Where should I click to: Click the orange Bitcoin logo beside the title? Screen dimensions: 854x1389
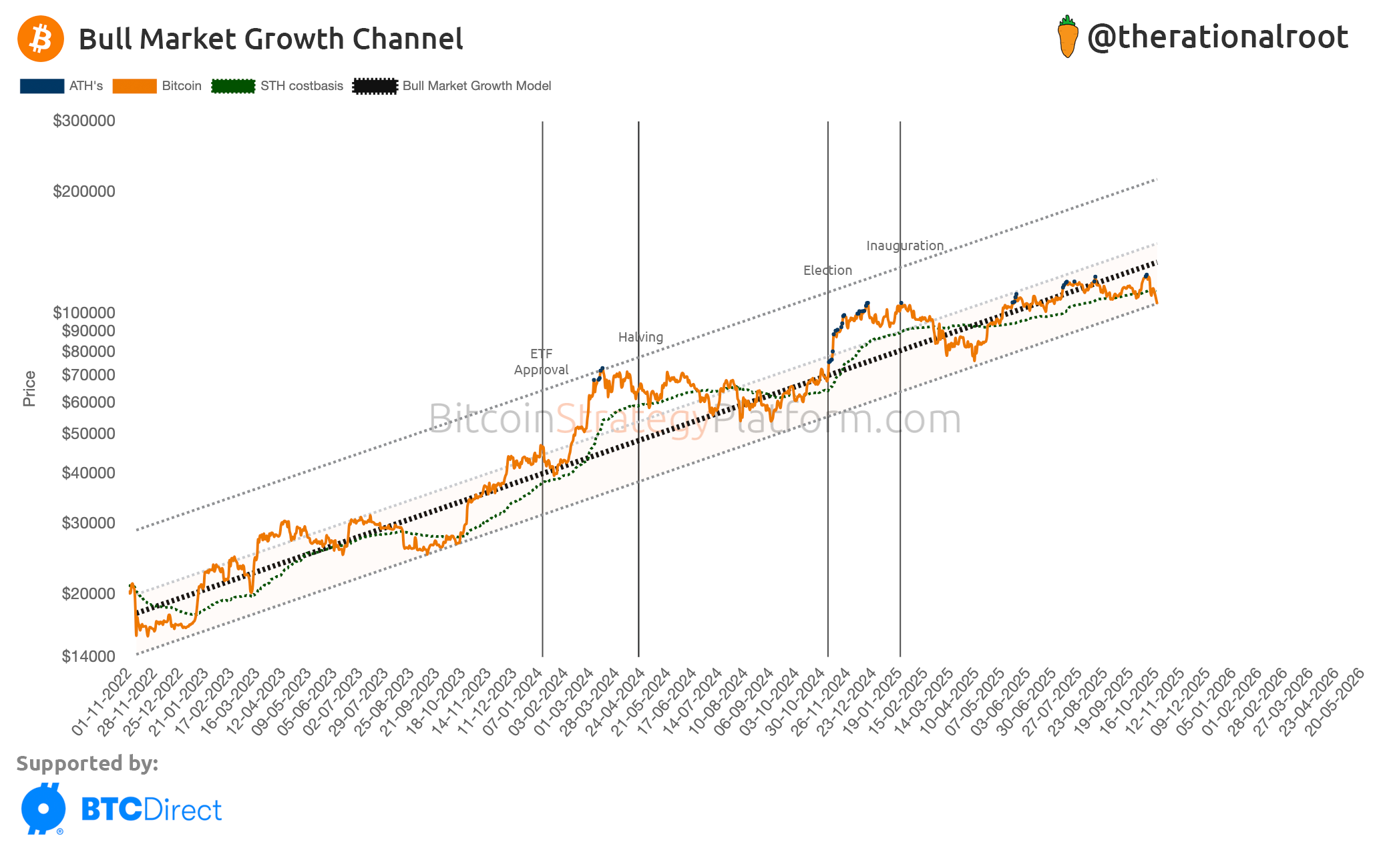pos(41,39)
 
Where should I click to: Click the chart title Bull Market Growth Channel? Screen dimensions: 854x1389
pos(270,39)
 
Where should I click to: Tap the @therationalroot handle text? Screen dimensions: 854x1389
pos(1217,37)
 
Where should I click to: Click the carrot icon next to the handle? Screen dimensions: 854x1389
pos(1067,37)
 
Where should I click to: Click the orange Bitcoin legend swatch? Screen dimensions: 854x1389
pos(134,86)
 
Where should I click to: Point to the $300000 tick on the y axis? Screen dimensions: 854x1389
pos(84,121)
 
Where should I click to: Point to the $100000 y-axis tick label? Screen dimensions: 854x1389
pos(84,312)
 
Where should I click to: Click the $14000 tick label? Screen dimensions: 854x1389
pos(88,657)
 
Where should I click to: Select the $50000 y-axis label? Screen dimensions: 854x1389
pos(88,434)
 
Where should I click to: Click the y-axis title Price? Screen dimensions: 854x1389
pos(29,388)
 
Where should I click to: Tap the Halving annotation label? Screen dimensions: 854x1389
pos(640,337)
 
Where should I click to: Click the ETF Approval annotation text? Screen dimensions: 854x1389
pos(541,362)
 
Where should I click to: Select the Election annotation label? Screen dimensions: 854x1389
pos(827,270)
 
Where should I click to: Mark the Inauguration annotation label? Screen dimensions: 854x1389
pos(905,246)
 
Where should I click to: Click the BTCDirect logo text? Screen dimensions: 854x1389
pos(151,810)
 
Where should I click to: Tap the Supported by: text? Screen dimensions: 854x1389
pos(87,763)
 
